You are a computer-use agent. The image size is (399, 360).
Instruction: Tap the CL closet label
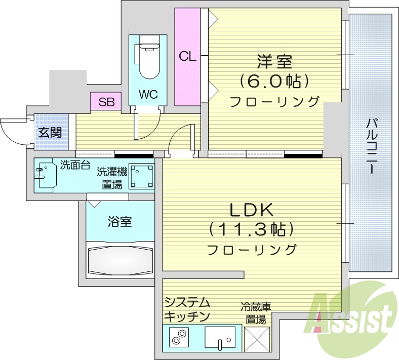coord(187,56)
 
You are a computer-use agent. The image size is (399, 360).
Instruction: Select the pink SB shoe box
coord(106,102)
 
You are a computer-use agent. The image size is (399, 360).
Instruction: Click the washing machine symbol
coord(141,175)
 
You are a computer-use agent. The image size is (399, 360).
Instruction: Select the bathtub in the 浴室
coord(119,260)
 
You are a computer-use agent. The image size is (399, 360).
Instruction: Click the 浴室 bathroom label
coord(120,221)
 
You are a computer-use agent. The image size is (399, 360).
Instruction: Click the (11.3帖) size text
coord(252,229)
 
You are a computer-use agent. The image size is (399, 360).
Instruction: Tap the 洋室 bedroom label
coord(274,62)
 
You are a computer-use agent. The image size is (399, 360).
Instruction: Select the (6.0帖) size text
coord(274,81)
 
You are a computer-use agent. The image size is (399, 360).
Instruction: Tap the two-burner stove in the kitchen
coord(179,338)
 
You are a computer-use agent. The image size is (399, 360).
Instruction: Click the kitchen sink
coord(220,337)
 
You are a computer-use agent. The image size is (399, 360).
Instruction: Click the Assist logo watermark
coord(354,316)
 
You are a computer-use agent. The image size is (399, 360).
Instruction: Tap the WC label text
coord(148,95)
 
